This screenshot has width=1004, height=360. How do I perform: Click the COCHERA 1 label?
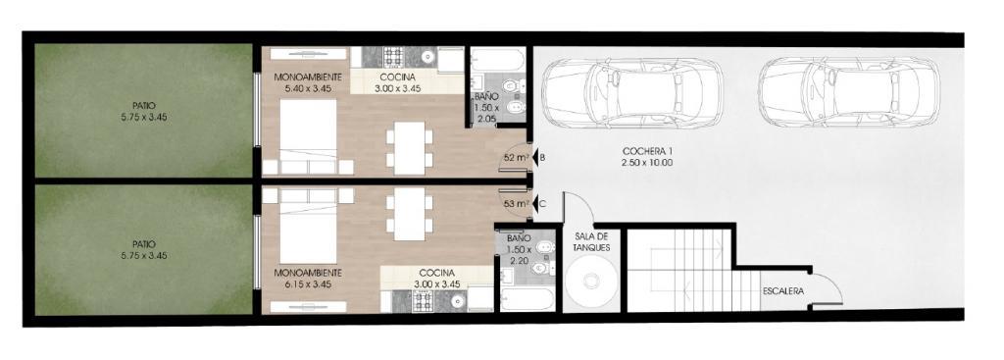click(647, 151)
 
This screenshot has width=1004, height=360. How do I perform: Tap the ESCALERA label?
click(783, 290)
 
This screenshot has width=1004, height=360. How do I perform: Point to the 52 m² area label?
click(516, 157)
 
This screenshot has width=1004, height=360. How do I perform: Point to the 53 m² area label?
click(516, 204)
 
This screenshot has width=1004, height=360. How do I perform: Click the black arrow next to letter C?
click(534, 204)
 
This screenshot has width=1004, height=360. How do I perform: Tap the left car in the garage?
click(632, 92)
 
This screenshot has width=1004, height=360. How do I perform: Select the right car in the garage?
click(848, 92)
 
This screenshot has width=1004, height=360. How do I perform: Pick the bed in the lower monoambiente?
click(308, 226)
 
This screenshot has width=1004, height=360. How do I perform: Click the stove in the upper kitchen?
click(392, 57)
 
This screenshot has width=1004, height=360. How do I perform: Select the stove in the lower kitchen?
click(424, 301)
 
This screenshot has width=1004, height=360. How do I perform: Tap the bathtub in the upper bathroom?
click(497, 61)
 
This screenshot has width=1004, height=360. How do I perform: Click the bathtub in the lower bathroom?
click(527, 299)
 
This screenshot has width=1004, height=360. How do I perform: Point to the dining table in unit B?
click(410, 148)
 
